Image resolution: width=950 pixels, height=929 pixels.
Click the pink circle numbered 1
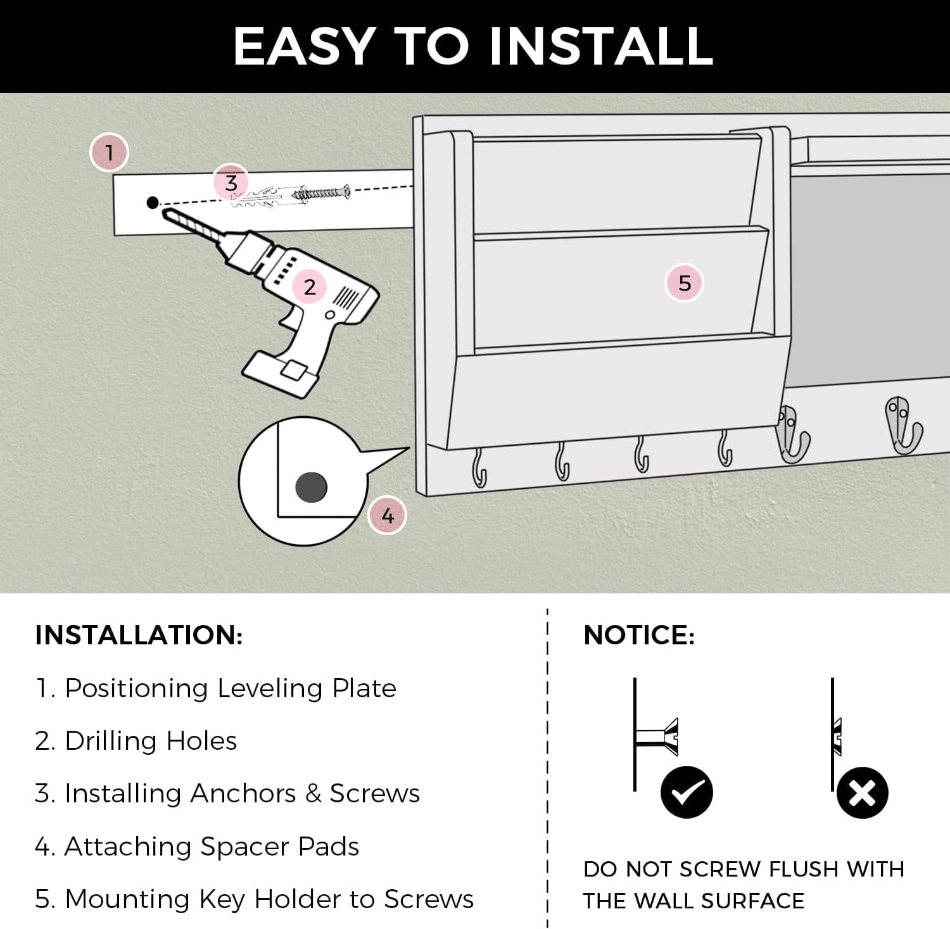110,153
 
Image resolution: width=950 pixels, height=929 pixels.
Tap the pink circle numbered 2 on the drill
310,287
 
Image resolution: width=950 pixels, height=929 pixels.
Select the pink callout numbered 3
231,183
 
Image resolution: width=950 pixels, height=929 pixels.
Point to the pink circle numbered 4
388,515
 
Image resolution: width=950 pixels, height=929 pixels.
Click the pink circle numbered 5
685,282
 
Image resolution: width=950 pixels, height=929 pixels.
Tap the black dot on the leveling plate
153,203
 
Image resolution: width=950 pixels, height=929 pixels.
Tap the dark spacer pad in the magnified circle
311,488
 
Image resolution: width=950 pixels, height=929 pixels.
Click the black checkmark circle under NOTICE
687,792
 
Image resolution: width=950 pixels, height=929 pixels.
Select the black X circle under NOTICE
862,792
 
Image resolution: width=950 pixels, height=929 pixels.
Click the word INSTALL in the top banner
602,46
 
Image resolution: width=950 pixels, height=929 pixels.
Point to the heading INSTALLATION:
139,635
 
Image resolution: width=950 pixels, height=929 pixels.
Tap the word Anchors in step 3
243,793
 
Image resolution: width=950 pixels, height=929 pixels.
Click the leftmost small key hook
479,468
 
